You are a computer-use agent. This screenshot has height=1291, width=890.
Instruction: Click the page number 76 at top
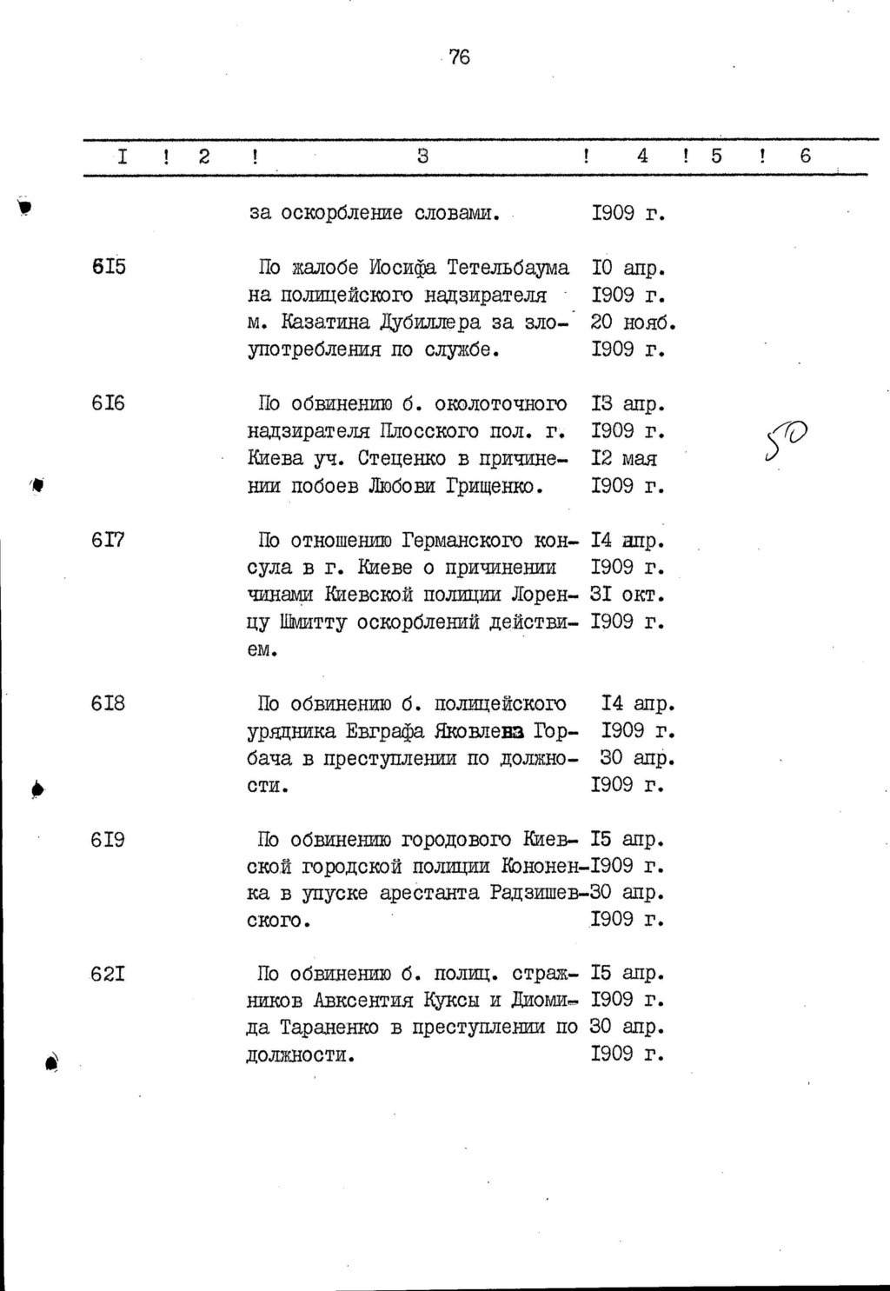pos(460,57)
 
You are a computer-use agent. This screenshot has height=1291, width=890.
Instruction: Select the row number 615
pos(109,267)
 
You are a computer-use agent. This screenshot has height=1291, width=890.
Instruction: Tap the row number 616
pos(109,403)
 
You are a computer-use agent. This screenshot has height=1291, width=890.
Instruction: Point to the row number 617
pos(109,540)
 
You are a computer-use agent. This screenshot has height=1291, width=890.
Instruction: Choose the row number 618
pos(109,703)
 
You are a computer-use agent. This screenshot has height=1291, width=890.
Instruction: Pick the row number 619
pos(109,840)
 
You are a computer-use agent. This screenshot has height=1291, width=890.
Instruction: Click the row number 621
pos(109,974)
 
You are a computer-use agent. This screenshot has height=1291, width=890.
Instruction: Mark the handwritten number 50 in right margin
pos(787,440)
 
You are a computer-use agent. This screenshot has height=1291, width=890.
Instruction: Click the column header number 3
pos(422,156)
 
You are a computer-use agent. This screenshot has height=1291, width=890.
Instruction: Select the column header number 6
pos(805,156)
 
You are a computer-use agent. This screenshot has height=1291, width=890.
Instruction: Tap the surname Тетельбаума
pos(508,267)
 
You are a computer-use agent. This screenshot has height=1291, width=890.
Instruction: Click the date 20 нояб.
pos(633,322)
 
